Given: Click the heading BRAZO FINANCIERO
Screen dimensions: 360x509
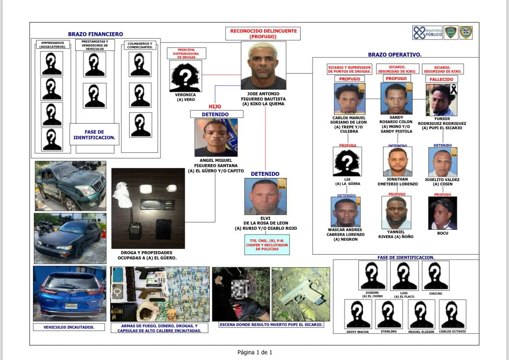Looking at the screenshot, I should (95, 34).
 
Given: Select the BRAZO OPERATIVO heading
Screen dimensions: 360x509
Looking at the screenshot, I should (395, 55).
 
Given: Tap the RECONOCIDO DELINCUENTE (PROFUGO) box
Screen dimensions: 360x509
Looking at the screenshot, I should (263, 34).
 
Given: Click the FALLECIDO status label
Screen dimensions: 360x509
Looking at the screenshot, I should (441, 80).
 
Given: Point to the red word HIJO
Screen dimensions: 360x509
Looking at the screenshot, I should (215, 107).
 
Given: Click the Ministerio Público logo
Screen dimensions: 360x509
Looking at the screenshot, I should (428, 33).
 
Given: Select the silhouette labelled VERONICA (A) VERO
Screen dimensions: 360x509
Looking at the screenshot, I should (185, 76).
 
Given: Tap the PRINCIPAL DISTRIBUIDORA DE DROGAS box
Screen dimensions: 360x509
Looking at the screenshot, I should (186, 53).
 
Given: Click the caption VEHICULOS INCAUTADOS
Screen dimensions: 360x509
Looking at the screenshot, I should (69, 327).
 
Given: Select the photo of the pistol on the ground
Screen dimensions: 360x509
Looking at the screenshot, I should (301, 294).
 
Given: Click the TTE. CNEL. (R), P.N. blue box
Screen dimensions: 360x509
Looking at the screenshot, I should (266, 245).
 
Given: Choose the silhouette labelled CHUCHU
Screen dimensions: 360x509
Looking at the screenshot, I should (435, 276).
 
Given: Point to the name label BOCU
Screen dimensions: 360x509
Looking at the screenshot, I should (442, 233).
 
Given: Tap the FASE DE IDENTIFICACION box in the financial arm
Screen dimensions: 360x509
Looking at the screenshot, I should (94, 135).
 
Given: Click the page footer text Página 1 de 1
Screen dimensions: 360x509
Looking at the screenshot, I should (254, 352).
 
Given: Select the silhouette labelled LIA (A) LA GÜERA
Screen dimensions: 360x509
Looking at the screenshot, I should (347, 161).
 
